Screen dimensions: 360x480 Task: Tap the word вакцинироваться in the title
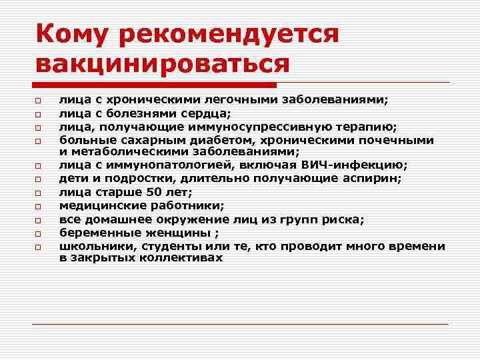point(164,64)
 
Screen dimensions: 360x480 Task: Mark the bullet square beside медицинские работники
point(39,206)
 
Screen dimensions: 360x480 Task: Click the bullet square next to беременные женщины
point(39,233)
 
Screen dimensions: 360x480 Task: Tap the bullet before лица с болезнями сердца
point(39,114)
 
